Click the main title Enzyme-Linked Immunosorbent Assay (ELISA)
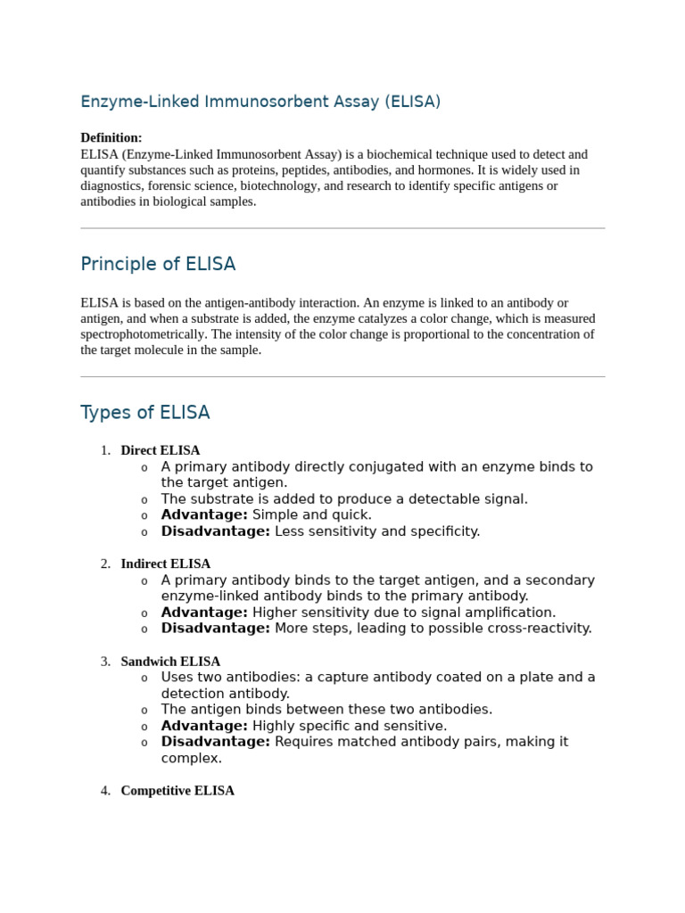coord(260,102)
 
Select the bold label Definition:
coord(111,137)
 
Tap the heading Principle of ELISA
coord(158,264)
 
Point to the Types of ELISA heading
coord(145,412)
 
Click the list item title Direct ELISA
coord(161,450)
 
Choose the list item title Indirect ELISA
coord(166,563)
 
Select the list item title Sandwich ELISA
coord(170,662)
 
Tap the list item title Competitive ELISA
coord(177,790)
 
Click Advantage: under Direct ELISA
coord(204,514)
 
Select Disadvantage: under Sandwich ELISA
coord(215,741)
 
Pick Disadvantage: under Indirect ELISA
coord(215,628)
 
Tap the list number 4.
coord(105,790)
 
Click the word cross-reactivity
coord(538,628)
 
